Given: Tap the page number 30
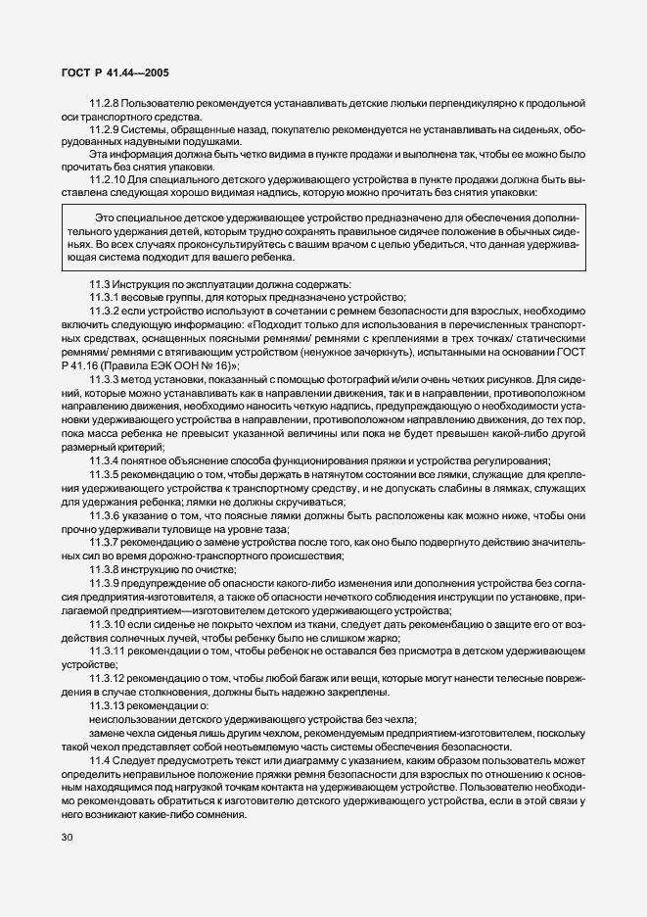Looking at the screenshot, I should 66,837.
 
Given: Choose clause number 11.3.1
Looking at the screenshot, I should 105,298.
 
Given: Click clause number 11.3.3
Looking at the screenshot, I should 105,378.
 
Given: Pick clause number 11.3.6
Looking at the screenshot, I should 105,513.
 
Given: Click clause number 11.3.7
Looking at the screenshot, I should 105,541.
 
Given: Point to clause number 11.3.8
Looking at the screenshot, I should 105,568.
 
